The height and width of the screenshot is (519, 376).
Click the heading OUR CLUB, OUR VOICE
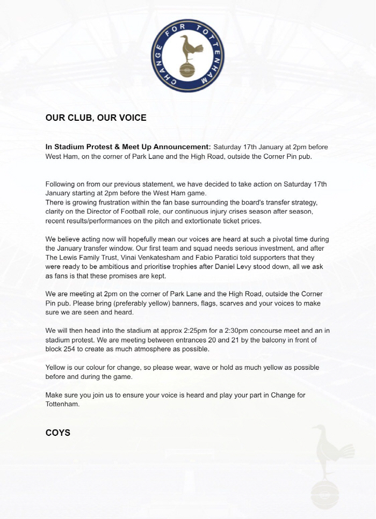pos(96,118)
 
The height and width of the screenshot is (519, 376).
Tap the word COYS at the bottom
pos(57,432)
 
